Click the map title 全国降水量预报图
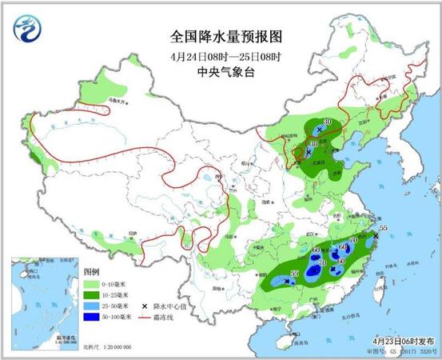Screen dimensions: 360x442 (227, 37)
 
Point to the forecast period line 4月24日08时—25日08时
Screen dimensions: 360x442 (226, 57)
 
